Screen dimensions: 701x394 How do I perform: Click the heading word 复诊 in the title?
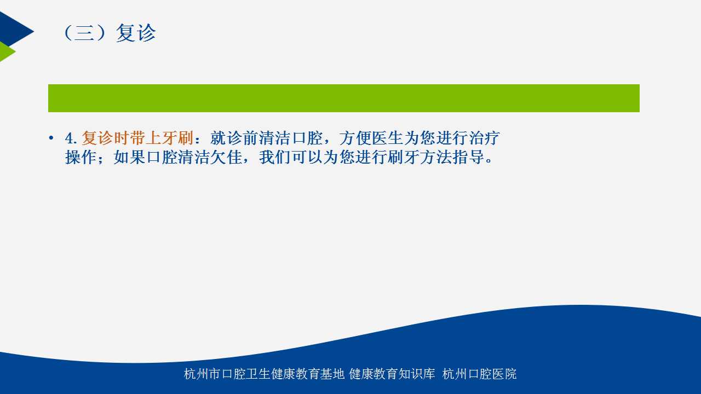pyautogui.click(x=135, y=33)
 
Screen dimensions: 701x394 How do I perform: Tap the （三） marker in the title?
pyautogui.click(x=84, y=33)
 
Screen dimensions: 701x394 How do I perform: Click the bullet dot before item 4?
pyautogui.click(x=51, y=138)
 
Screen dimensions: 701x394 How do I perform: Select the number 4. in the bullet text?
pyautogui.click(x=71, y=138)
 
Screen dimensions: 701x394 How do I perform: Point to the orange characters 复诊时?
pyautogui.click(x=106, y=138)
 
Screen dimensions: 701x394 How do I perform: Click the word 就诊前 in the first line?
pyautogui.click(x=234, y=138)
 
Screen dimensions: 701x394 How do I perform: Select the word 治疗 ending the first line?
pyautogui.click(x=484, y=138)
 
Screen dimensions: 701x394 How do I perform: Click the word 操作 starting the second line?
pyautogui.click(x=81, y=157)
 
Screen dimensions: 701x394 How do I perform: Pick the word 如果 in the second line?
pyautogui.click(x=129, y=157)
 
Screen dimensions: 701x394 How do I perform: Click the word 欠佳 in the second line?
pyautogui.click(x=226, y=157)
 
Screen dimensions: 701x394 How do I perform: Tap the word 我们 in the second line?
pyautogui.click(x=275, y=157)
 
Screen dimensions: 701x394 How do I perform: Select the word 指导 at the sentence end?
pyautogui.click(x=468, y=157)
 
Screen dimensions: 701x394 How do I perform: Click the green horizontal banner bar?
pyautogui.click(x=343, y=98)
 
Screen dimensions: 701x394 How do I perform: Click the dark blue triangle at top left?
pyautogui.click(x=13, y=30)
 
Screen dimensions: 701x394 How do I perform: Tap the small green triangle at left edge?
pyautogui.click(x=5, y=51)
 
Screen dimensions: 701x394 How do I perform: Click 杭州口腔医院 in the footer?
pyautogui.click(x=479, y=374)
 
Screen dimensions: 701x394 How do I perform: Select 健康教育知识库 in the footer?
pyautogui.click(x=392, y=374)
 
